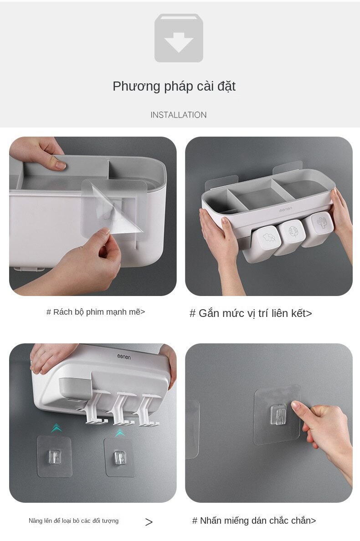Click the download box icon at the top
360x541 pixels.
click(x=179, y=38)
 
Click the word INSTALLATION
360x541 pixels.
click(x=179, y=115)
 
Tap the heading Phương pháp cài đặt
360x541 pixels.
click(x=174, y=86)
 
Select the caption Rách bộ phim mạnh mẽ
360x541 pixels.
click(x=96, y=312)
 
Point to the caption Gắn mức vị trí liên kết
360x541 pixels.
click(x=251, y=313)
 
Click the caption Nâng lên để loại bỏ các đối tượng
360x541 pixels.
click(x=73, y=521)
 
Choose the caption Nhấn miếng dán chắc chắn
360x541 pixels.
click(x=254, y=521)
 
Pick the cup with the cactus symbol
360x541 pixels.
click(x=319, y=225)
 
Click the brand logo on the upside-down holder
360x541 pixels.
click(x=123, y=357)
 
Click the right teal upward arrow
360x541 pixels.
click(x=120, y=433)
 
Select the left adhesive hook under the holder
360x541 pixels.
click(x=55, y=456)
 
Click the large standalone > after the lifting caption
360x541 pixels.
click(x=149, y=522)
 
